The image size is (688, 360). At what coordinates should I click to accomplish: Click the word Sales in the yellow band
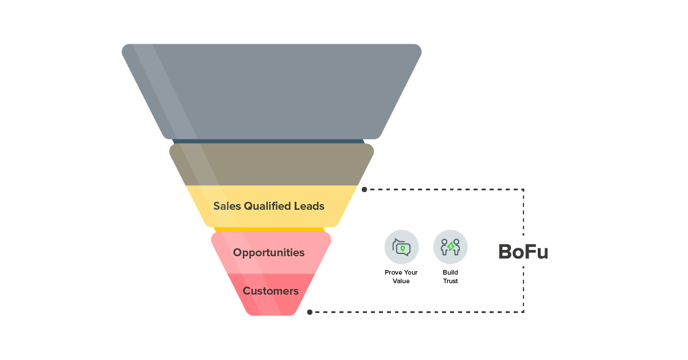[x=227, y=206]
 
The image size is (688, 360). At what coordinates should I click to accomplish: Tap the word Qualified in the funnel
[x=269, y=206]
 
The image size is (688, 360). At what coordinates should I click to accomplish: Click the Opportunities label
[x=269, y=253]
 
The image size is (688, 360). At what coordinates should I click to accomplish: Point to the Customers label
[x=271, y=291]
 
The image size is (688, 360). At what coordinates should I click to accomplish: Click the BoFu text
[x=522, y=252]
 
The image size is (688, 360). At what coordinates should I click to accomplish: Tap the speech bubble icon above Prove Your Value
[x=401, y=247]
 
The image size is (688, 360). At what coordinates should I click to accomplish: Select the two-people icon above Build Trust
[x=450, y=247]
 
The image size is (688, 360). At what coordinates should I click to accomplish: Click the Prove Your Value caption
[x=401, y=277]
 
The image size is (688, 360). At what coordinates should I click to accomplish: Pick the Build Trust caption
[x=451, y=277]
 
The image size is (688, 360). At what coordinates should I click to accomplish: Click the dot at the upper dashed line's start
[x=365, y=189]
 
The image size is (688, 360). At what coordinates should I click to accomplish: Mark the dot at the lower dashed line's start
[x=310, y=312]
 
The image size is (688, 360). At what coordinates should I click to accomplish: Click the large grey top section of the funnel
[x=272, y=92]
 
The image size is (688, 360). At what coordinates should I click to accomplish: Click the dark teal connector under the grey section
[x=268, y=141]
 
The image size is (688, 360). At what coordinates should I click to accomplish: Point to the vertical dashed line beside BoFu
[x=523, y=218]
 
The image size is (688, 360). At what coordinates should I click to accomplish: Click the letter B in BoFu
[x=505, y=252]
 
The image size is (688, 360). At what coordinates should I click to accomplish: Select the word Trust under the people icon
[x=451, y=281]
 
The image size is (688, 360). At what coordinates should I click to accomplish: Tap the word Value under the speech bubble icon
[x=401, y=281]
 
